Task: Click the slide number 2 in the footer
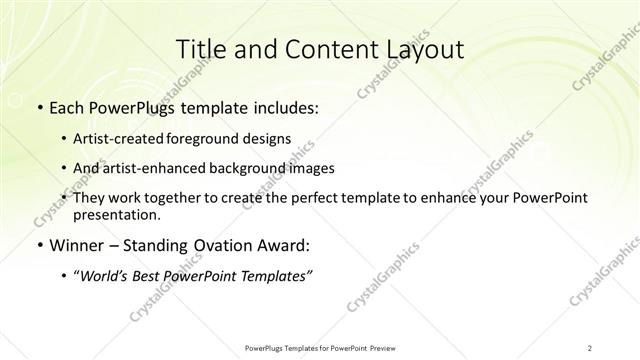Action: (x=590, y=347)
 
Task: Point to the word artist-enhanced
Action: (x=151, y=168)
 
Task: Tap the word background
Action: (x=250, y=168)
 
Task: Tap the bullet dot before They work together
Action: (x=65, y=199)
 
